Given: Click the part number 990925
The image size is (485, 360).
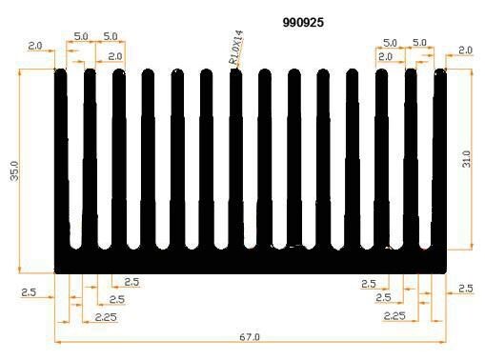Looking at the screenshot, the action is click(x=303, y=23).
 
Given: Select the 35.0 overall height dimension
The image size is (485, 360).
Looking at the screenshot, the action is click(x=14, y=170).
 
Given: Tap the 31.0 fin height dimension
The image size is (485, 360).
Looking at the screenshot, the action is click(x=466, y=159).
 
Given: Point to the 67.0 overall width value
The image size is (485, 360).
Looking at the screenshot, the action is click(x=250, y=337).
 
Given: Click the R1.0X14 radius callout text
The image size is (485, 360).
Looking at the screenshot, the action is click(x=235, y=48).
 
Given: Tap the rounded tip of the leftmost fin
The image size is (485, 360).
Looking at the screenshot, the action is click(x=61, y=73).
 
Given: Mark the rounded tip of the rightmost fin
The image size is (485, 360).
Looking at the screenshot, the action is click(x=440, y=73).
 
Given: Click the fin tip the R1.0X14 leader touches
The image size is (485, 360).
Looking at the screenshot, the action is click(x=235, y=73).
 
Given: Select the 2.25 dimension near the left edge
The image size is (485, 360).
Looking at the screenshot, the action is click(x=106, y=317).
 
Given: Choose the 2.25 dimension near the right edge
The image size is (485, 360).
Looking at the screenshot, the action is click(x=394, y=315).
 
